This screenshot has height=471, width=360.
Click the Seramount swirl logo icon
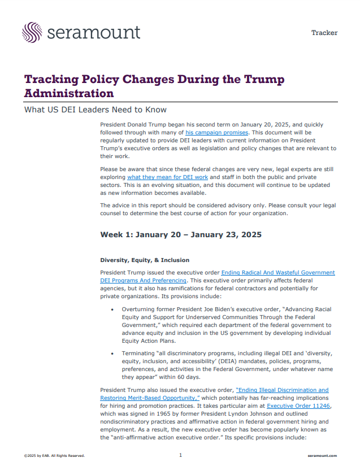click(32, 32)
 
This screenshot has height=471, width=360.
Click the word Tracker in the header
click(324, 33)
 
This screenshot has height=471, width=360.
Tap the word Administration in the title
click(69, 93)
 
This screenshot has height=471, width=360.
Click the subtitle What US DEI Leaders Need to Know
click(95, 110)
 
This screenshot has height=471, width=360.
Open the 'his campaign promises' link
click(218, 132)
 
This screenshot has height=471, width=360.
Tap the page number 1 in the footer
click(180, 455)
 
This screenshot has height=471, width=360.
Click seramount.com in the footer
click(323, 456)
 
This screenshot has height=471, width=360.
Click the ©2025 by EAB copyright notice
click(55, 456)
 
